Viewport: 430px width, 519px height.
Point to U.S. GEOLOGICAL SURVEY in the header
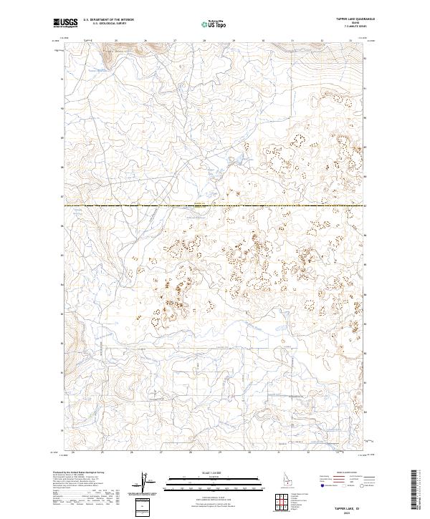tap(108, 24)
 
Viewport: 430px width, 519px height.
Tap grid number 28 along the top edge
tap(204, 40)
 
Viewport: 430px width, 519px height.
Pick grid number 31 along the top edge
tap(293, 40)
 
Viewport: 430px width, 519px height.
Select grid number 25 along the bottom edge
tap(102, 452)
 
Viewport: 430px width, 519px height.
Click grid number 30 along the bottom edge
tap(249, 452)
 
